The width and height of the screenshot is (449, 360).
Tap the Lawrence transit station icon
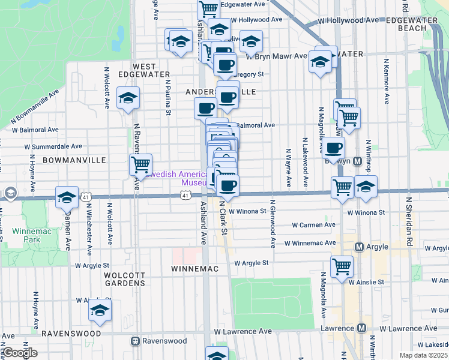(x=361, y=328)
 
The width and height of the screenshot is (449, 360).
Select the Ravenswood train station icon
(x=135, y=341)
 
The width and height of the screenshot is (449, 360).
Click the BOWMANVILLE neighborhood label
(x=74, y=160)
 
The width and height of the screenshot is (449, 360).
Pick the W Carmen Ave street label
(x=313, y=225)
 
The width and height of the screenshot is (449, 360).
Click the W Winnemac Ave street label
(x=310, y=243)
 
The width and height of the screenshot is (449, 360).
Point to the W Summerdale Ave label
(x=53, y=146)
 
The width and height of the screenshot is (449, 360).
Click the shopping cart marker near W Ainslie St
(x=342, y=265)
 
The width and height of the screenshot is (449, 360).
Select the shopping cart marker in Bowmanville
(x=140, y=163)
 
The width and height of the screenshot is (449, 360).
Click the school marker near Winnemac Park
(x=67, y=196)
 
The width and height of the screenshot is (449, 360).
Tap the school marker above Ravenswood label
(x=100, y=310)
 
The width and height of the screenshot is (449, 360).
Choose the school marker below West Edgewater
(x=128, y=97)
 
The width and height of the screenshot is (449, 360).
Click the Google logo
(x=19, y=353)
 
